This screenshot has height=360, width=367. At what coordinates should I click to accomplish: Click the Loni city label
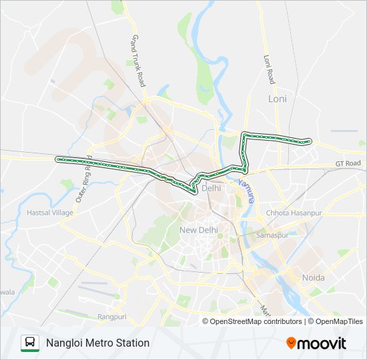(276, 99)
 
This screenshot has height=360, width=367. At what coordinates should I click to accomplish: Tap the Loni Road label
(270, 69)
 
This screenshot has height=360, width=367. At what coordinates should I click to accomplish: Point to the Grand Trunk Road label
(138, 61)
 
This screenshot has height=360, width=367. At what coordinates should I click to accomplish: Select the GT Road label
(348, 163)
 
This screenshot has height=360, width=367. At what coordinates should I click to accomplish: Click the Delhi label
(211, 188)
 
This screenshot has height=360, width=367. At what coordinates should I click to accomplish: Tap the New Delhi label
(198, 230)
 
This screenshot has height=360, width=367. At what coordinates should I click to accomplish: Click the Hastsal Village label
(49, 212)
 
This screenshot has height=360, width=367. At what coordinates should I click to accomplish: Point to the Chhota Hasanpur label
(294, 213)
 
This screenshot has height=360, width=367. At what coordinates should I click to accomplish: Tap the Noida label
(314, 277)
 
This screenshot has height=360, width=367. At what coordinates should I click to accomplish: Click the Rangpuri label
(111, 317)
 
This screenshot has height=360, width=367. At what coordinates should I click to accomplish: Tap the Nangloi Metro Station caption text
(97, 343)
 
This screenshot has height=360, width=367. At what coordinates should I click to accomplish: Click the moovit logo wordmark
(322, 343)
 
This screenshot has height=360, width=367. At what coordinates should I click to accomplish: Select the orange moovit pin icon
(291, 343)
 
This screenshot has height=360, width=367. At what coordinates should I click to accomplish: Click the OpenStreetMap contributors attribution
(255, 321)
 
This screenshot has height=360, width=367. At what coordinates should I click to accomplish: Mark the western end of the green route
(57, 159)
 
